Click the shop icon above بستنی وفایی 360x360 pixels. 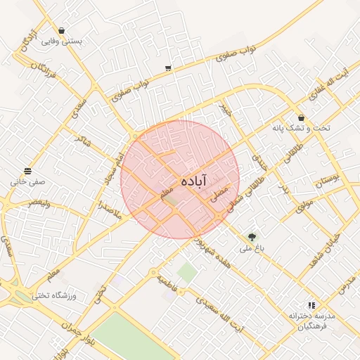click(62, 30)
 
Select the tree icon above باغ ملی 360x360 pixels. click(252, 237)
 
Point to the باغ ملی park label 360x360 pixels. click(251, 248)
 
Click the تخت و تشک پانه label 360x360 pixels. click(301, 128)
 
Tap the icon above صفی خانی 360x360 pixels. click(27, 171)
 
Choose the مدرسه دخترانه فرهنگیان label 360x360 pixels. click(312, 321)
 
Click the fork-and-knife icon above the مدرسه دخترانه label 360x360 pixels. click(311, 305)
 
